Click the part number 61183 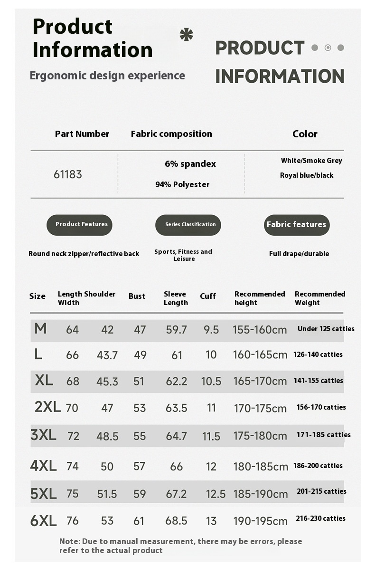pos(67,174)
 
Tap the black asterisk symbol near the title pos(187,35)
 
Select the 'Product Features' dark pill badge pos(80,225)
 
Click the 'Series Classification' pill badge pos(188,225)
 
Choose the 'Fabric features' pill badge pos(297,225)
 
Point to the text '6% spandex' pos(190,164)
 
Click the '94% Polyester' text pos(182,184)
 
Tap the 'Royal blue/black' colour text pos(307,175)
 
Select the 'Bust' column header pos(137,296)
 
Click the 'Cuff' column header pos(208,296)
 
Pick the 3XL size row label pos(43,435)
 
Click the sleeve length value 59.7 pos(176,329)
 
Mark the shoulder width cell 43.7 pos(107,355)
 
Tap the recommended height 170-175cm pos(260,408)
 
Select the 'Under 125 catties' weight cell pos(326,329)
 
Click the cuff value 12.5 pos(216,494)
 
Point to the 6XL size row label pos(43,521)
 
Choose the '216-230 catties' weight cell pos(320,518)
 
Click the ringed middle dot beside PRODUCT pos(328,48)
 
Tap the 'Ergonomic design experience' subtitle pos(107,76)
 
